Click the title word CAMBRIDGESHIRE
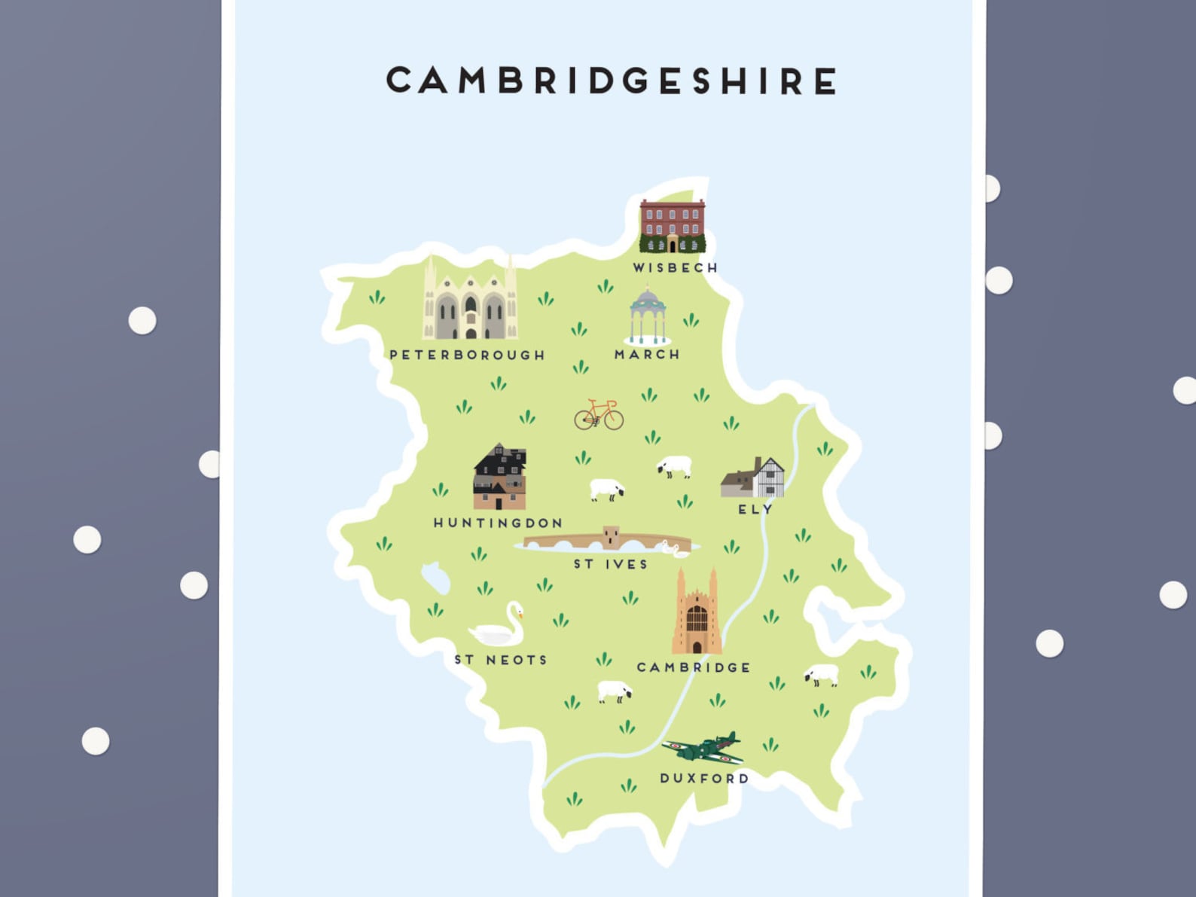612,81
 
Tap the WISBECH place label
675,267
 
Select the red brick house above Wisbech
672,225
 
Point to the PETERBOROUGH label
467,355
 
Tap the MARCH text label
647,354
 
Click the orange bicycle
599,415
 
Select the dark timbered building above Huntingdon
499,477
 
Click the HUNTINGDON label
498,523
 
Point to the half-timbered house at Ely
754,478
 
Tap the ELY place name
755,509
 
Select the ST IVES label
610,564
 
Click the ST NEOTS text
500,660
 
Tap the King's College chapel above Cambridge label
697,613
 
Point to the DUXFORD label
704,778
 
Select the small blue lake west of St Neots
436,578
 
